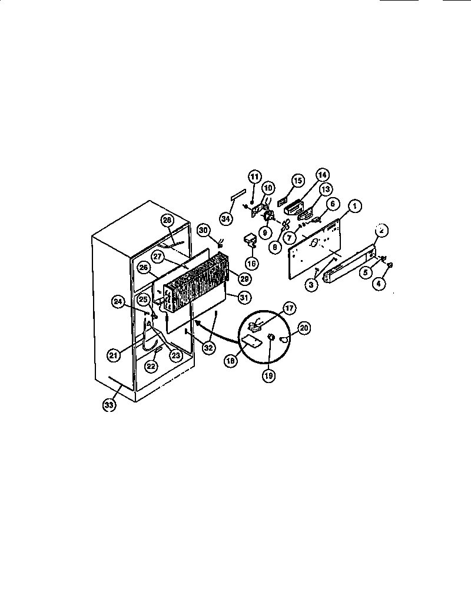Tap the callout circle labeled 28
[x=167, y=220]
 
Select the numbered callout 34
[x=225, y=219]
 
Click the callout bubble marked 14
[x=323, y=175]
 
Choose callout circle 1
[x=355, y=207]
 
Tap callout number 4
[x=379, y=282]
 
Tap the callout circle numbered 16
[x=252, y=264]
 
